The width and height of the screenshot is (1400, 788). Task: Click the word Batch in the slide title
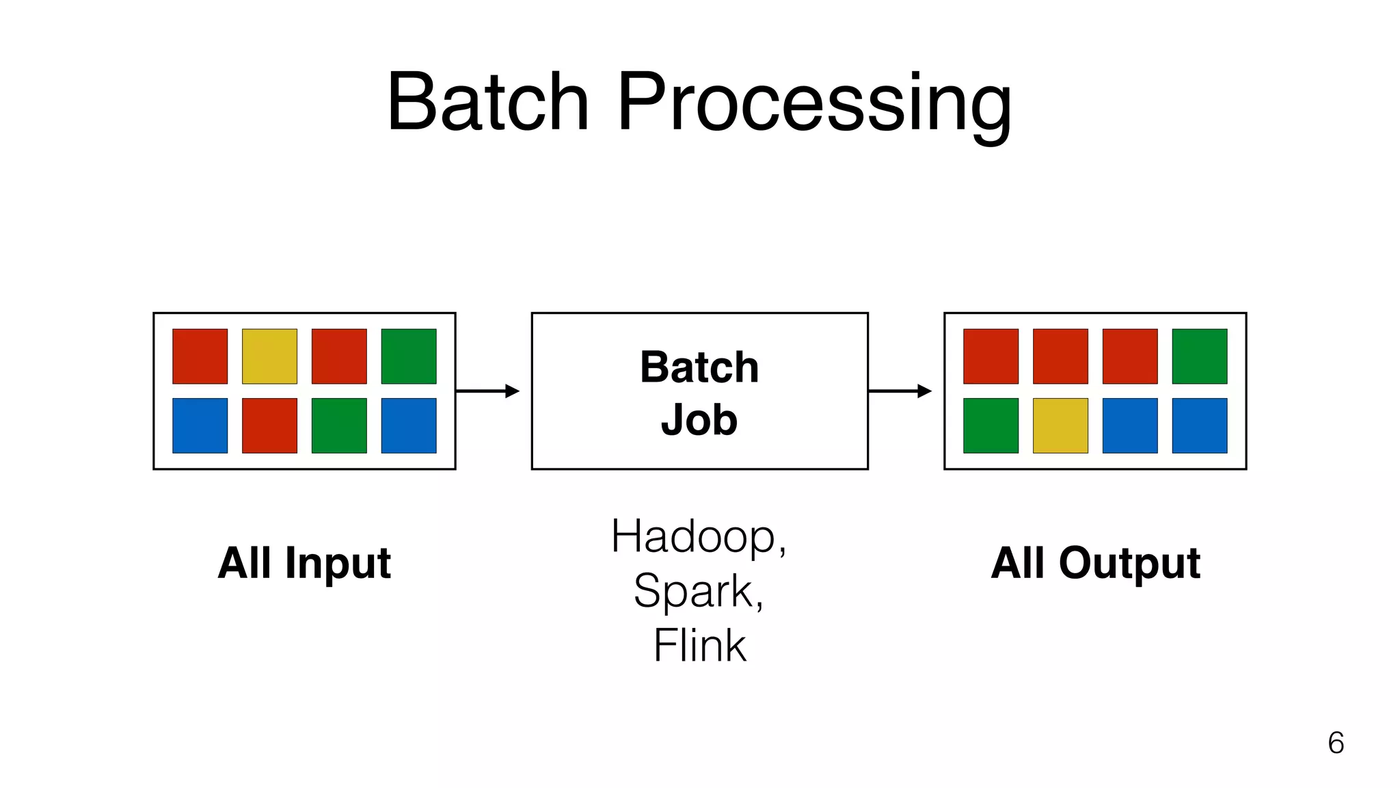point(487,103)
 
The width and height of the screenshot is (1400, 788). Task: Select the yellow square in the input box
point(269,356)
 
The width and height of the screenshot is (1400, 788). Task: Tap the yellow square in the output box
point(1060,425)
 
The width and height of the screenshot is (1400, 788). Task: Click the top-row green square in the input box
point(408,356)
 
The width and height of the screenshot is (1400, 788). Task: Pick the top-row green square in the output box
point(1199,356)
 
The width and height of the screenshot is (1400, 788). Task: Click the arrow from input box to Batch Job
point(487,391)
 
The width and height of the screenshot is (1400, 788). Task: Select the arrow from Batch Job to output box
point(900,391)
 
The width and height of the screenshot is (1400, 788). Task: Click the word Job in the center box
point(699,419)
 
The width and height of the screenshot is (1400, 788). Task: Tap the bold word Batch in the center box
point(699,367)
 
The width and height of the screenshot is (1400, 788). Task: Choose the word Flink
point(699,645)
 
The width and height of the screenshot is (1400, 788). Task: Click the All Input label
point(304,563)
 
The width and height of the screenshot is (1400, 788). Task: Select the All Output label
point(1095,563)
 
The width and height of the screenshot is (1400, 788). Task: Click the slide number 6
point(1335,743)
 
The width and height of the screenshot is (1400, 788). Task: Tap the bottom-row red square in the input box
point(269,425)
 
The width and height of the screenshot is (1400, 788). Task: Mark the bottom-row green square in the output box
point(991,425)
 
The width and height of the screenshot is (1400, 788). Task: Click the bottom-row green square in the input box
point(339,425)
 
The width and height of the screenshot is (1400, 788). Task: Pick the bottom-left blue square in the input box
point(200,425)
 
